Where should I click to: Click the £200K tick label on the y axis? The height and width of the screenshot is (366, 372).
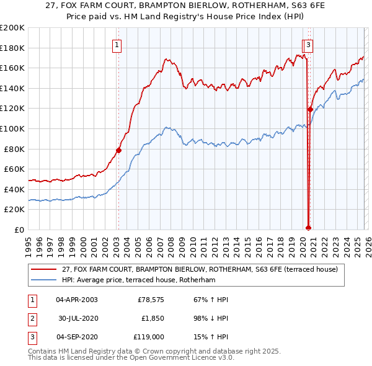tap(12, 28)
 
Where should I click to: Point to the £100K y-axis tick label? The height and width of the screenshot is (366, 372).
tap(12, 128)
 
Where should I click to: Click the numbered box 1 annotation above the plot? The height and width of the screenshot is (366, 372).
tap(117, 44)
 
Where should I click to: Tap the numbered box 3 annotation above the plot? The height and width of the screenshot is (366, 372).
tap(309, 44)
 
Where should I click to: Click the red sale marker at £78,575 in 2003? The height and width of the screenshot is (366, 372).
tap(118, 150)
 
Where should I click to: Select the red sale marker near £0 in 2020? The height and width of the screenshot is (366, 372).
tap(308, 228)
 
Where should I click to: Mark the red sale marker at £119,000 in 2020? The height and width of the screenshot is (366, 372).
tap(310, 109)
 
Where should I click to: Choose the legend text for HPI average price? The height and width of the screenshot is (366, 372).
tap(138, 280)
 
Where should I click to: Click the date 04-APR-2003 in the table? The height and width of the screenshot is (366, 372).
tap(77, 300)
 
